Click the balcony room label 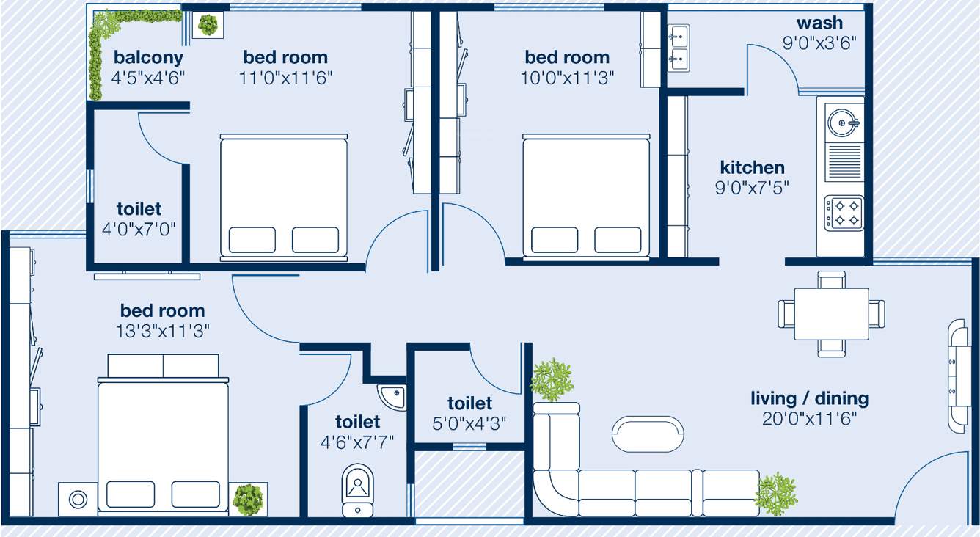pyautogui.click(x=148, y=57)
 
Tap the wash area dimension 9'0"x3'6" pyautogui.click(x=819, y=43)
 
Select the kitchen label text pyautogui.click(x=752, y=167)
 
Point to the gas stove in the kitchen pyautogui.click(x=844, y=213)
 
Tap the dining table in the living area pyautogui.click(x=831, y=313)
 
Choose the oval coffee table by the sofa pyautogui.click(x=649, y=434)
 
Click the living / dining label pyautogui.click(x=809, y=398)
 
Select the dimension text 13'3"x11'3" pyautogui.click(x=163, y=331)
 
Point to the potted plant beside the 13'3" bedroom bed pyautogui.click(x=248, y=500)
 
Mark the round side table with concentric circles pyautogui.click(x=78, y=500)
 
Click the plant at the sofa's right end pyautogui.click(x=776, y=494)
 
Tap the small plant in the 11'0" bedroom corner pyautogui.click(x=208, y=26)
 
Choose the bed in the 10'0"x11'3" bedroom pyautogui.click(x=585, y=196)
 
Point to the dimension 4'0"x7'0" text pyautogui.click(x=139, y=228)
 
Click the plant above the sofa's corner pyautogui.click(x=552, y=379)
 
